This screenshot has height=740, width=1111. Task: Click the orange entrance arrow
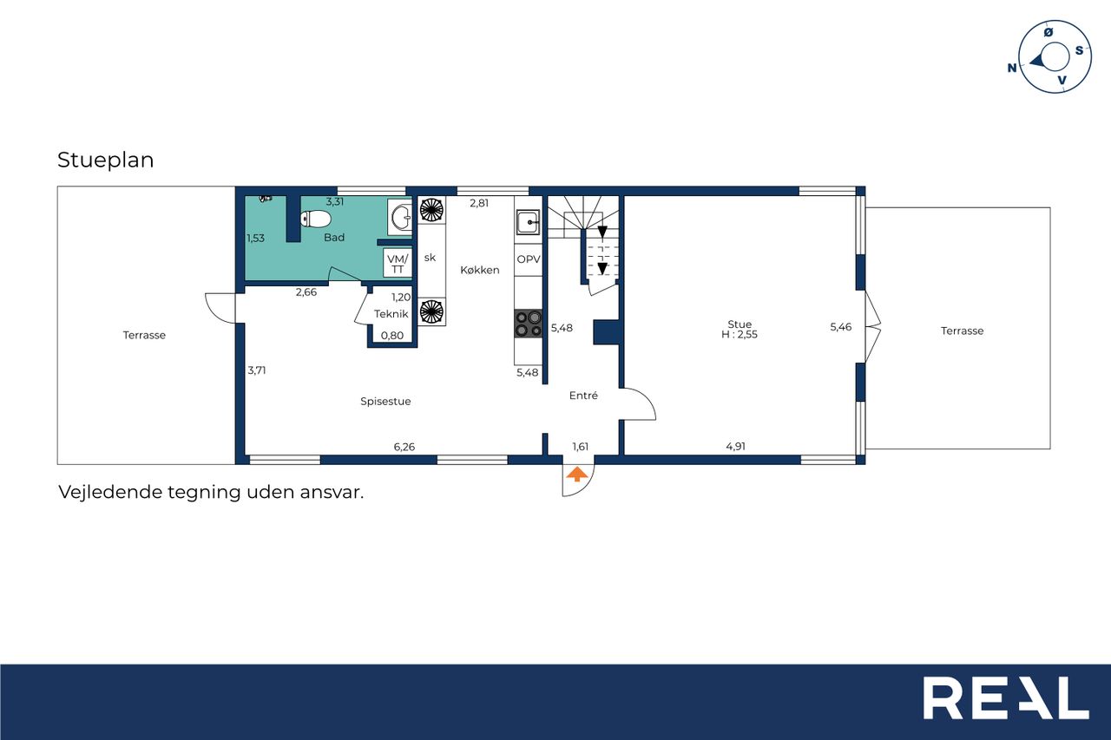pos(577,475)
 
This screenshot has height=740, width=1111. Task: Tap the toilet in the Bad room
pos(315,219)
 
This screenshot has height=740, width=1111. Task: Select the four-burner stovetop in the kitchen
pos(529,324)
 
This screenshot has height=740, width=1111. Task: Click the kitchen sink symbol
pos(529,222)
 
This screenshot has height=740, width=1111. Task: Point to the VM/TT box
pos(398,263)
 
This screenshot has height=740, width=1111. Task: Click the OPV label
pos(529,259)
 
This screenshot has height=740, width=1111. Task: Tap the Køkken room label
pos(480,270)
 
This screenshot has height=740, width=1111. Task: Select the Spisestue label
pos(385,402)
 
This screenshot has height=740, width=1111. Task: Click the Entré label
pos(583,396)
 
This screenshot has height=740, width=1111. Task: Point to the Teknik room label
pos(391,314)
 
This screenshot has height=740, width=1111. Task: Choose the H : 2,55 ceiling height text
pos(739,335)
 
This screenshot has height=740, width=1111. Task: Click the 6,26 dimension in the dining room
pos(404,447)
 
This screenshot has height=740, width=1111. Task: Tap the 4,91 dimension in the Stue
pos(735,447)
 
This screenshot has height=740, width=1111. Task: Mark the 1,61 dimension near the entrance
pos(581,447)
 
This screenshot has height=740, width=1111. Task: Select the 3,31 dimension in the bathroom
pos(335,202)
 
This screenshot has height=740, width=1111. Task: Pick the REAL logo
pos(1006,697)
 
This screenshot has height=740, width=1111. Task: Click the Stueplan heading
pos(106,160)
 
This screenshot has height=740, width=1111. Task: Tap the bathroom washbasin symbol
pos(400,217)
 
